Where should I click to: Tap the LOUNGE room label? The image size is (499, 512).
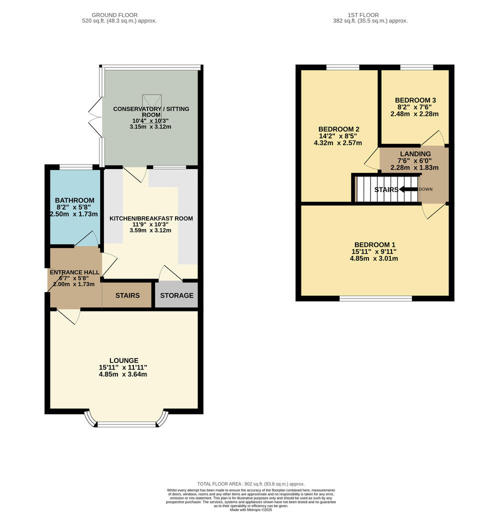click(x=123, y=360)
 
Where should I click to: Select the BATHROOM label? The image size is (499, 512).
click(x=74, y=200)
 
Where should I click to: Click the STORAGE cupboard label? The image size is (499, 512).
click(x=176, y=295)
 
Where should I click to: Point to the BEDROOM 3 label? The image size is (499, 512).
click(x=414, y=99)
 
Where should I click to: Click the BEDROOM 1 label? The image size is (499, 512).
click(x=374, y=244)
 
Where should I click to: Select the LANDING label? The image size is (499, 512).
click(x=415, y=154)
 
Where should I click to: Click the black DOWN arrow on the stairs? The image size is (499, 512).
click(x=408, y=189)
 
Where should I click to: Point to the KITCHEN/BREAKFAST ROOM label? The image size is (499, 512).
click(x=151, y=218)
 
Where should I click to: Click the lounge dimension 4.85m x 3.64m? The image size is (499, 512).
click(x=123, y=374)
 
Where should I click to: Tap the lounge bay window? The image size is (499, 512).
click(x=126, y=423)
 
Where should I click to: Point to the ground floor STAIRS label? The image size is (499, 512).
click(x=127, y=295)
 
